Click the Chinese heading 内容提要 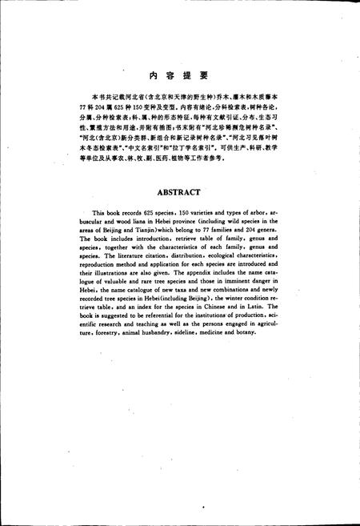(x=179, y=75)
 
